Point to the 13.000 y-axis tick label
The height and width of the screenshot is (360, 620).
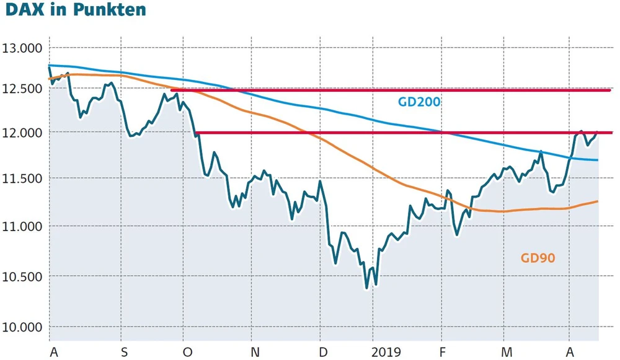[22, 48]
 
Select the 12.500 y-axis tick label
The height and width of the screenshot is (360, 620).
[22, 89]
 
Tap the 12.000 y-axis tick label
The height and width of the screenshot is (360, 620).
[22, 133]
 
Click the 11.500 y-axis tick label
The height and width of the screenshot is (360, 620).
[22, 179]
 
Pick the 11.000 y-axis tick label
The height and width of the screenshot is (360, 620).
[22, 227]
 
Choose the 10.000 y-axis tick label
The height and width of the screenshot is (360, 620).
[22, 327]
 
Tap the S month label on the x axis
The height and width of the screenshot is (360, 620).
[124, 352]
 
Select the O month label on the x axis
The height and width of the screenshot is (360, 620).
[187, 352]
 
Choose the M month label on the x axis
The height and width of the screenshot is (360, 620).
[507, 352]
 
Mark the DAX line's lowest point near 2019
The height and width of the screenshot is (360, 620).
[366, 288]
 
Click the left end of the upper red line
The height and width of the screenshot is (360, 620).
[172, 90]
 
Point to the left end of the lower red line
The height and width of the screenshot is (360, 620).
[196, 133]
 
